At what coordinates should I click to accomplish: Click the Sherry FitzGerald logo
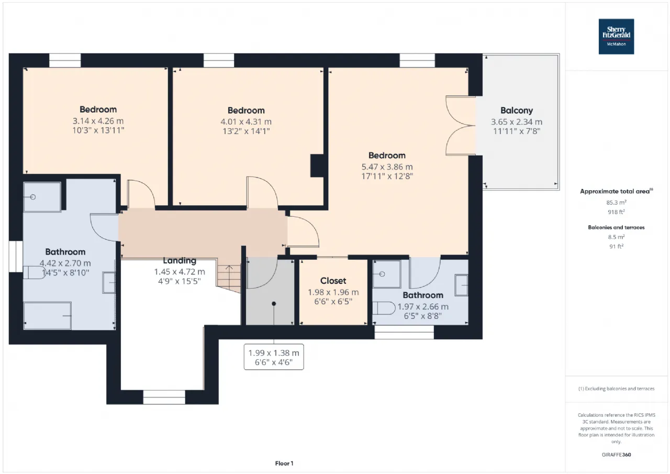pyautogui.click(x=616, y=37)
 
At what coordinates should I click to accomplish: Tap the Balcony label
pyautogui.click(x=517, y=111)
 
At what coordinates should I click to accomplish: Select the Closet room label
pyautogui.click(x=333, y=281)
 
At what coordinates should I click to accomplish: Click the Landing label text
pyautogui.click(x=180, y=261)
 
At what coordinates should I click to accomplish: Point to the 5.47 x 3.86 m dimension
pyautogui.click(x=387, y=167)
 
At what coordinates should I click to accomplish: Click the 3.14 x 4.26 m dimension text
pyautogui.click(x=98, y=121)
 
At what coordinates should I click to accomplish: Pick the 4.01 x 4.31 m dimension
pyautogui.click(x=246, y=122)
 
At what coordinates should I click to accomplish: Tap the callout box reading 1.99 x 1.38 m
pyautogui.click(x=274, y=357)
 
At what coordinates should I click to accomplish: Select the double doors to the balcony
pyautogui.click(x=461, y=126)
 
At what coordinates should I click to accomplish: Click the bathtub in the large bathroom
pyautogui.click(x=47, y=316)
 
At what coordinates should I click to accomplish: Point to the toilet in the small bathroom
pyautogui.click(x=384, y=308)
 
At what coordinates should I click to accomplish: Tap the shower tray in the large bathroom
pyautogui.click(x=42, y=197)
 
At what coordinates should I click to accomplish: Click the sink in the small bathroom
pyautogui.click(x=461, y=285)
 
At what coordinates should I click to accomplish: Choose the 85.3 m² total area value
pyautogui.click(x=616, y=203)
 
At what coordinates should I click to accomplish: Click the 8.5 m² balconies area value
pyautogui.click(x=616, y=237)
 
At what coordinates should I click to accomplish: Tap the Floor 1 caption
pyautogui.click(x=284, y=463)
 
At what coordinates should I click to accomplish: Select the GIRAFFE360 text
pyautogui.click(x=616, y=455)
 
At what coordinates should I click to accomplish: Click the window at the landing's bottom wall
pyautogui.click(x=164, y=397)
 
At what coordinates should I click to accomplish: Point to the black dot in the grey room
pyautogui.click(x=274, y=304)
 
